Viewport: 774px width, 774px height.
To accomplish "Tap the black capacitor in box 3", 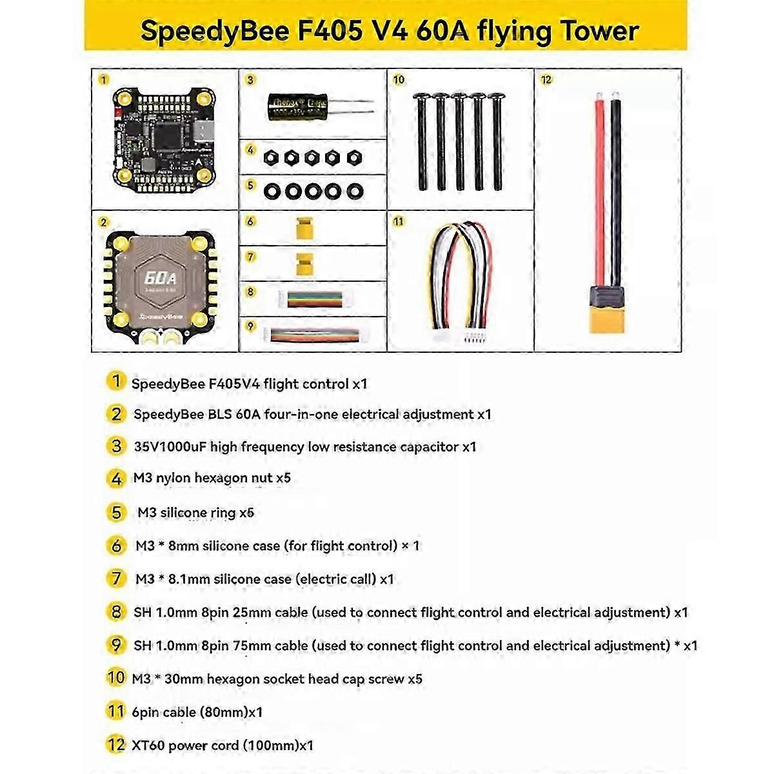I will (x=297, y=106).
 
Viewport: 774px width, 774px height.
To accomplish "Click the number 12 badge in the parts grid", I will (x=546, y=80).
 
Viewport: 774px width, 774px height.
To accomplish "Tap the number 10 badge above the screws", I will (x=399, y=79).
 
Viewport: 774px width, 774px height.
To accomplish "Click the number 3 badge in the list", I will (x=116, y=446).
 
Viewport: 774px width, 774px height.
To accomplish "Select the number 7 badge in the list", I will (x=116, y=579).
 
